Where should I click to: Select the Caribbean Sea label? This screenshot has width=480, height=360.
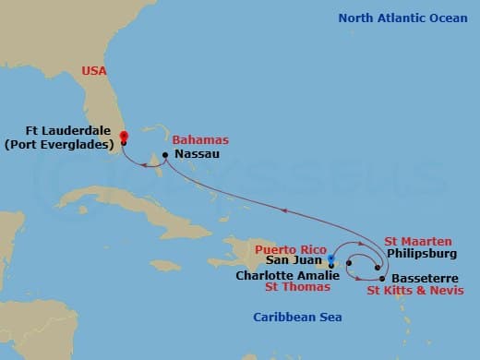pyautogui.click(x=297, y=318)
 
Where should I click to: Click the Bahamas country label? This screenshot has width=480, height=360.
pyautogui.click(x=205, y=140)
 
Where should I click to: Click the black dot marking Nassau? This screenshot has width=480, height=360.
pyautogui.click(x=165, y=154)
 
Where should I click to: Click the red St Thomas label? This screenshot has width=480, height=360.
pyautogui.click(x=297, y=287)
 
